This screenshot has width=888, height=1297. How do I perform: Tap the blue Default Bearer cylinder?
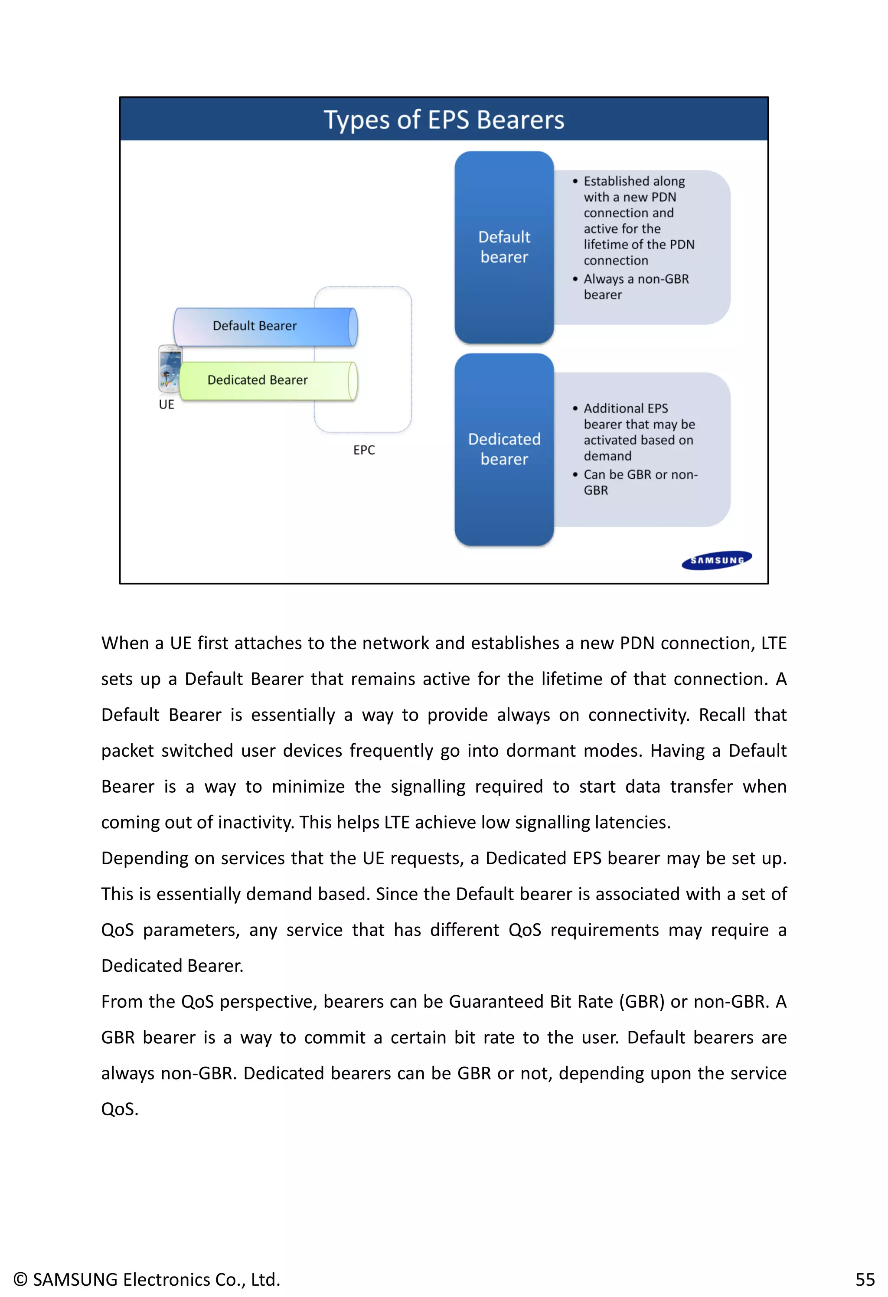coord(265,327)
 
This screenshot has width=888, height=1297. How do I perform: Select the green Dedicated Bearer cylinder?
coord(268,381)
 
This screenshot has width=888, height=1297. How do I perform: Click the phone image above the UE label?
coord(170,369)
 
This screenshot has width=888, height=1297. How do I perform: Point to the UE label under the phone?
coord(166,405)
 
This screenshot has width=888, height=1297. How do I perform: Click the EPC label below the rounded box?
coord(364,450)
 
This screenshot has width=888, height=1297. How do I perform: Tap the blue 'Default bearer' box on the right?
coord(504,247)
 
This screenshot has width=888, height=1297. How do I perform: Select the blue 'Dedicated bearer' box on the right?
coord(504,449)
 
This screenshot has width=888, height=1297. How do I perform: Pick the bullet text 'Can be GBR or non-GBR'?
coord(640,482)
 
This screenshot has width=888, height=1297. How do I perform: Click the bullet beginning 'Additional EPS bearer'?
coord(639,432)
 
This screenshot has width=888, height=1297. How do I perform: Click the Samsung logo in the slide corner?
coord(717,560)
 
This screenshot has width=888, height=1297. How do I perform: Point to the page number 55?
coord(865,1279)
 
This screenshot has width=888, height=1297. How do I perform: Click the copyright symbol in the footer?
coord(20,1279)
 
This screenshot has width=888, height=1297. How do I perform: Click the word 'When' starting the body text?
coord(124,644)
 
